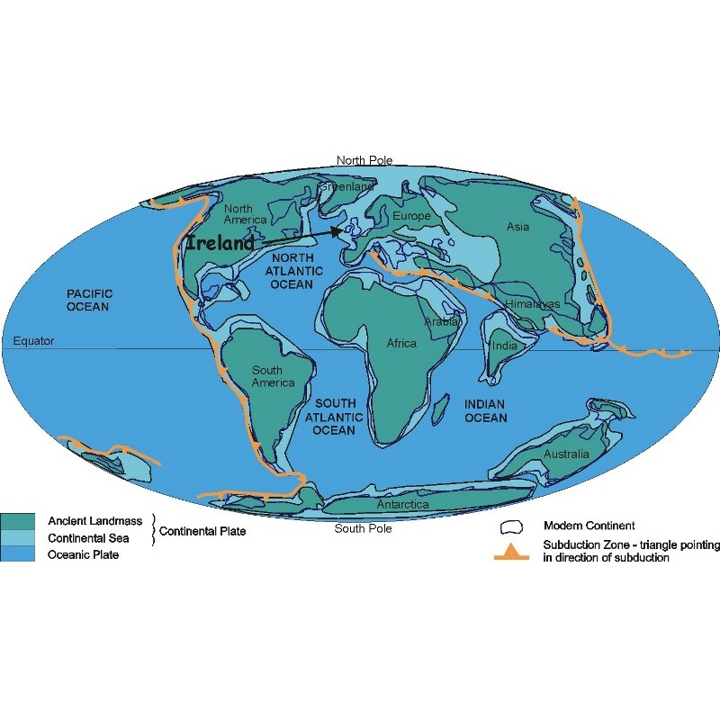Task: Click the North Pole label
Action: [x=364, y=160]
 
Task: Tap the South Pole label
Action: [x=363, y=528]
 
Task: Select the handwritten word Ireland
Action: [x=220, y=243]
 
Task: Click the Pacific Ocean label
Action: [x=87, y=301]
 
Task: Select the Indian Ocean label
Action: [x=485, y=411]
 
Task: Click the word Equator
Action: [x=34, y=341]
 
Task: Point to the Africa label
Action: [x=401, y=344]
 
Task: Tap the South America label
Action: [x=273, y=376]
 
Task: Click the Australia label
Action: [x=566, y=454]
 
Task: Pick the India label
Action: [x=505, y=346]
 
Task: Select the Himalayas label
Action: [x=532, y=304]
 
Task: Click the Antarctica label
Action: [x=402, y=505]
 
